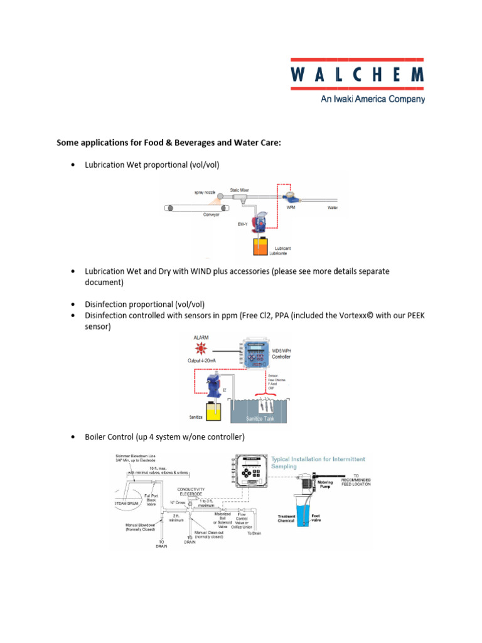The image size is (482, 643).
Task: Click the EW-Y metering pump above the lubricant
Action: click(259, 223)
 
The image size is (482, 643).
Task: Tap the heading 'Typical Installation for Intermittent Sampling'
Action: click(318, 463)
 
